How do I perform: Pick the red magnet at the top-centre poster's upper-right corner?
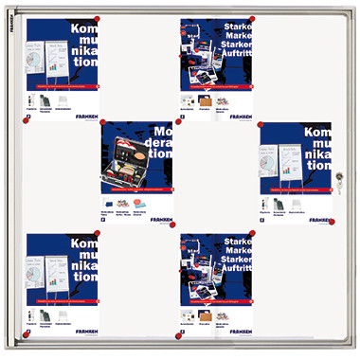[252, 18]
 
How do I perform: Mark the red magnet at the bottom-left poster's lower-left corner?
[27, 333]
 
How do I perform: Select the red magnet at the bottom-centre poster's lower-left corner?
[179, 334]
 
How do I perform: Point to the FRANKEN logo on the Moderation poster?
[160, 219]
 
